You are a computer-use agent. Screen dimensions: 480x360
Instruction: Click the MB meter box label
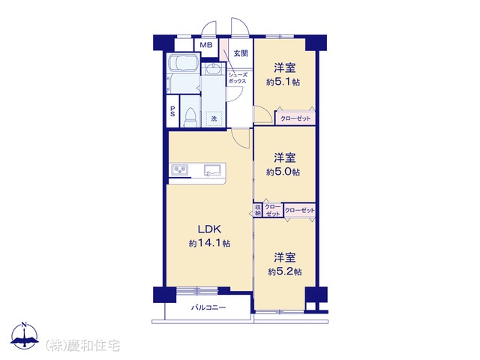(206, 45)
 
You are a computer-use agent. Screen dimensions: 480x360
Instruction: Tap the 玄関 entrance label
(241, 53)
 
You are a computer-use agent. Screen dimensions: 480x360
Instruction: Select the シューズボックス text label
(237, 78)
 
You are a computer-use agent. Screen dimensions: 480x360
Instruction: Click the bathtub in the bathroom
(183, 63)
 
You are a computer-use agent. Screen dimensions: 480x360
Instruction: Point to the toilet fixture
(190, 118)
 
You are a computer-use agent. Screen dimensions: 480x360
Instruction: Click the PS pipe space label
(172, 112)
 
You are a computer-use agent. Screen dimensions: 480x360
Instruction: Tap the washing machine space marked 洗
(214, 118)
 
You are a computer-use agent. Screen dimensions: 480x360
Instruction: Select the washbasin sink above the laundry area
(212, 69)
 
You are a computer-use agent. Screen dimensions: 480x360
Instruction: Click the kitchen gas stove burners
(180, 170)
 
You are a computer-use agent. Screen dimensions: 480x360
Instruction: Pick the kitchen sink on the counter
(212, 170)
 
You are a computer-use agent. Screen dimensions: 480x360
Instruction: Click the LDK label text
(209, 229)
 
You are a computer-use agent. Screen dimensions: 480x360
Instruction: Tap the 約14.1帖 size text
(209, 243)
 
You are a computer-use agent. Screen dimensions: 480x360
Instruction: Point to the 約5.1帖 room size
(283, 82)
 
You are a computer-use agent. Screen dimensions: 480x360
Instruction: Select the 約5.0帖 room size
(283, 172)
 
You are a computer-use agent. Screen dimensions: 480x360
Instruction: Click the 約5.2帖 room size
(285, 271)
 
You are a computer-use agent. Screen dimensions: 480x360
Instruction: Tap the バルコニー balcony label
(208, 307)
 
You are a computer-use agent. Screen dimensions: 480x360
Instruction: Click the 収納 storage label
(258, 210)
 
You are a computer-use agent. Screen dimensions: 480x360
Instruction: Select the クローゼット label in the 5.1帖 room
(295, 118)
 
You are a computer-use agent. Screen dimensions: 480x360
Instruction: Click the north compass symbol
(25, 335)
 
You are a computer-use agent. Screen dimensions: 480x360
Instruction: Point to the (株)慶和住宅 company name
(82, 346)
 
